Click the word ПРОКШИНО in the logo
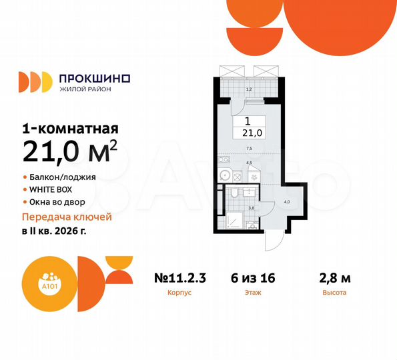[95, 78]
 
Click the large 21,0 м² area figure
[71, 152]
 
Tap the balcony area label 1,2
[249, 89]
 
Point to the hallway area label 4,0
[288, 201]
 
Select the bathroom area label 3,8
[252, 207]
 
